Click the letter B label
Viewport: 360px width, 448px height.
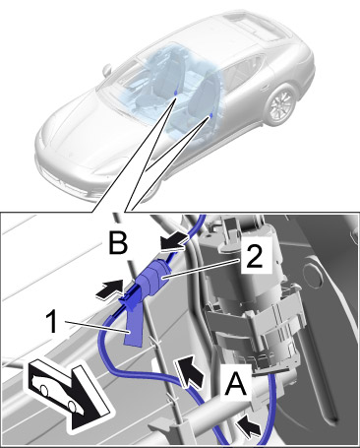click(118, 243)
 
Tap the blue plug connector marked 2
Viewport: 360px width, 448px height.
click(152, 278)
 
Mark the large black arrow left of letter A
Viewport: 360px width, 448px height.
click(190, 372)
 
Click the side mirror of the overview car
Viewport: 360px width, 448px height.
click(107, 70)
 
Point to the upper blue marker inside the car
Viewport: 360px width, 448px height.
click(177, 93)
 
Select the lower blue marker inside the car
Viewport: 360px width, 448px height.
click(211, 115)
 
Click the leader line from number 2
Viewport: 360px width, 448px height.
click(203, 269)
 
